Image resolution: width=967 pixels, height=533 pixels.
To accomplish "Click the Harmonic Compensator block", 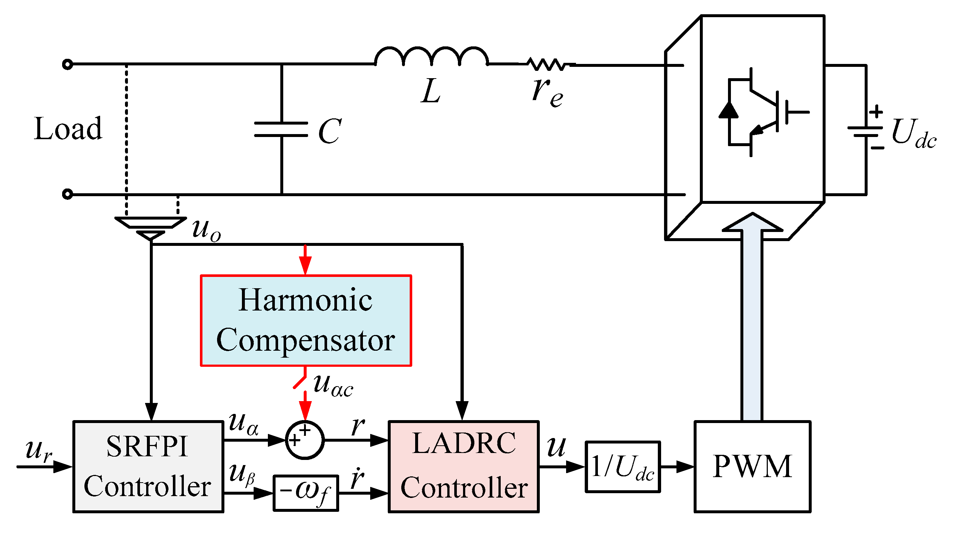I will (x=306, y=320).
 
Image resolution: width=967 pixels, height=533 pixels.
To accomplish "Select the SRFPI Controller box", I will (x=148, y=467).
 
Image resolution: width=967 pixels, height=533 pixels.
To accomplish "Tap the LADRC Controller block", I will (x=464, y=467).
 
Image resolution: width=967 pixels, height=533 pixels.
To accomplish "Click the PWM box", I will (x=752, y=467).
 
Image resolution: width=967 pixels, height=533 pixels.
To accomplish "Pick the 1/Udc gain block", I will (x=622, y=467).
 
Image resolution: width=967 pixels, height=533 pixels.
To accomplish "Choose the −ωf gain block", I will (x=306, y=493).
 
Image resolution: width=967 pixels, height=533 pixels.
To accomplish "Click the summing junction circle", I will (x=304, y=440).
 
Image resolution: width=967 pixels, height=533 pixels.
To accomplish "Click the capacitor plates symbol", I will (x=281, y=129).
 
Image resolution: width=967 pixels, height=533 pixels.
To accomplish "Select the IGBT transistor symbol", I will (x=762, y=112).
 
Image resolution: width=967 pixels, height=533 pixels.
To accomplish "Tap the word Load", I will (x=68, y=129).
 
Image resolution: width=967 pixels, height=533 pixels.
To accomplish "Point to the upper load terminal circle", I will (x=68, y=65).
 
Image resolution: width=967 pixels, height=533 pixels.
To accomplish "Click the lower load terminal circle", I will (x=68, y=194).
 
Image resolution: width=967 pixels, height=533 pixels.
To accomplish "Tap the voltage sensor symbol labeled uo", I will (x=151, y=228).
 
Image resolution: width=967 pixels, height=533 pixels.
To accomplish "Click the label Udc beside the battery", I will (x=913, y=134).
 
